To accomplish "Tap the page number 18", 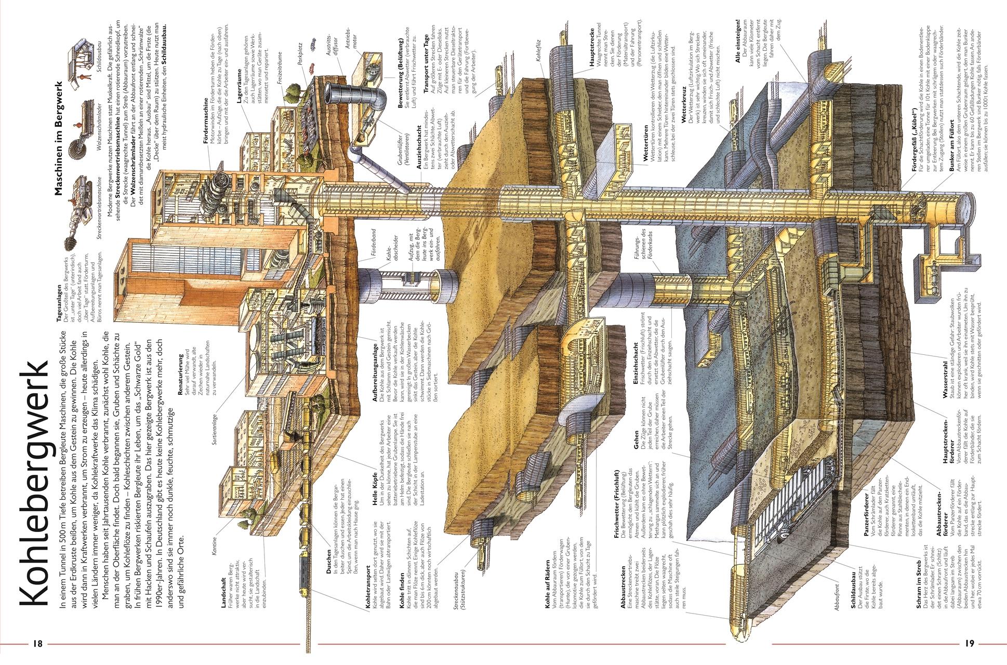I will tap(37, 643).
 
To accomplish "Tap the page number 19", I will tap(969, 643).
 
